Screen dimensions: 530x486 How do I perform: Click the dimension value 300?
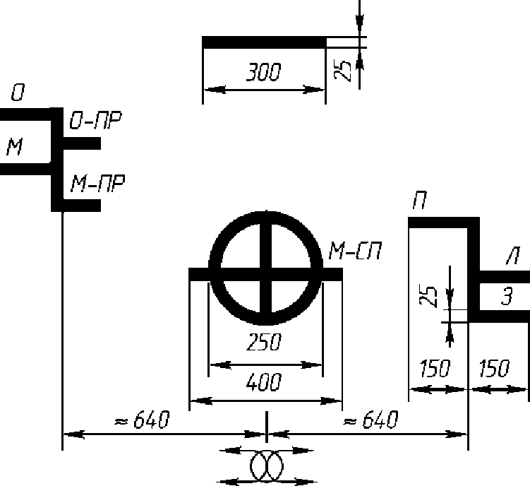264,72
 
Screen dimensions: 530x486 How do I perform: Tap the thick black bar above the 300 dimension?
264,42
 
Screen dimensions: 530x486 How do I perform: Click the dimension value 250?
264,342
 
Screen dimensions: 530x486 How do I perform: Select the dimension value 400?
264,382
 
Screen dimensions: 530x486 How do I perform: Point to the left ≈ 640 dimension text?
142,420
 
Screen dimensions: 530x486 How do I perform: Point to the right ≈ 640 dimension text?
371,420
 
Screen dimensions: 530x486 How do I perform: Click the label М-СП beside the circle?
356,251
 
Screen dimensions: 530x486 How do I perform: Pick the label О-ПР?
96,121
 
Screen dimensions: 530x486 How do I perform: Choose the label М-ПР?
97,183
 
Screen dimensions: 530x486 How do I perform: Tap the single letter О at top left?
18,93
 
